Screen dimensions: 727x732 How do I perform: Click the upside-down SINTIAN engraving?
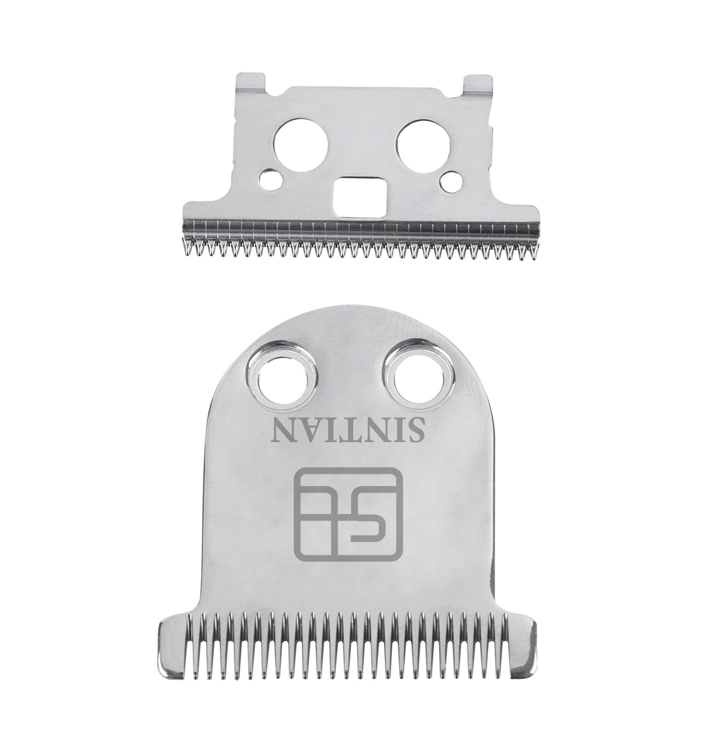(349, 431)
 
